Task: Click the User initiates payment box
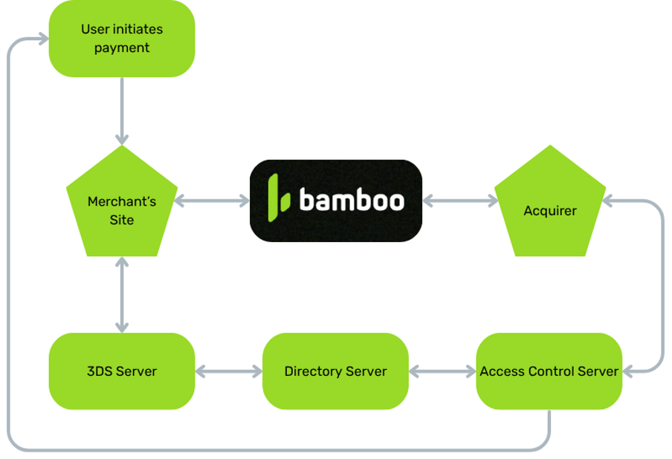pyautogui.click(x=121, y=39)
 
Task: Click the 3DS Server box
pyautogui.click(x=121, y=371)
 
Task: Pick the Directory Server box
pyautogui.click(x=335, y=371)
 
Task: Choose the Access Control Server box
pyautogui.click(x=549, y=371)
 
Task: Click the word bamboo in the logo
pyautogui.click(x=352, y=201)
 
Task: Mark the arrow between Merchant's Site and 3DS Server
pyautogui.click(x=122, y=294)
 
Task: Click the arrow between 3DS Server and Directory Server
pyautogui.click(x=229, y=371)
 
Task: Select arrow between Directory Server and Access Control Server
pyautogui.click(x=442, y=371)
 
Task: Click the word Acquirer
pyautogui.click(x=550, y=211)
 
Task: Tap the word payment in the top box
pyautogui.click(x=122, y=48)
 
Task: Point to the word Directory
pyautogui.click(x=310, y=371)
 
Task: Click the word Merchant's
pyautogui.click(x=122, y=201)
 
